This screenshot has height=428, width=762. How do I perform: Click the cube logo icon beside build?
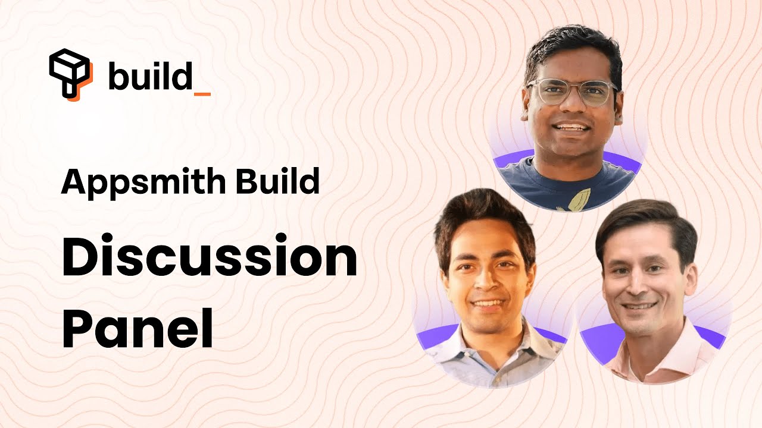coord(70,73)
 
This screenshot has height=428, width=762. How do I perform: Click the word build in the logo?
coord(151,77)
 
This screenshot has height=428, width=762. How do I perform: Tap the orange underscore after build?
coord(202,93)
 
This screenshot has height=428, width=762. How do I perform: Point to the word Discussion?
coord(209,262)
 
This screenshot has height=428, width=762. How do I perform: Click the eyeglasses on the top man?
coord(571,93)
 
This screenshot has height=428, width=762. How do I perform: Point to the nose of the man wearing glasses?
coord(570,110)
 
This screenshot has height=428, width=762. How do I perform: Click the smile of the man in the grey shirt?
coord(488,303)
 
